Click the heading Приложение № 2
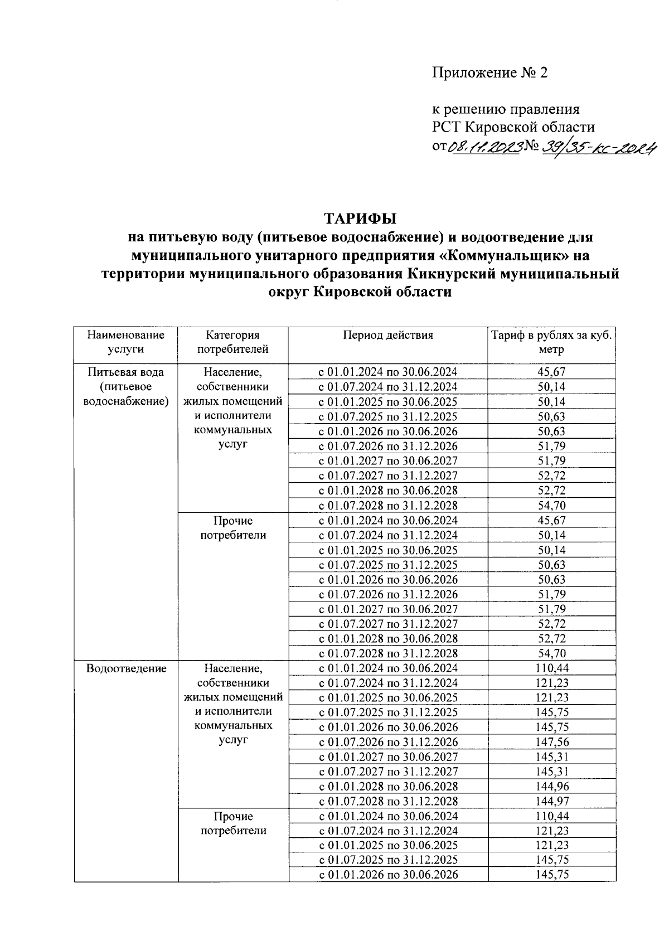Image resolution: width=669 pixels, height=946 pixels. point(490,73)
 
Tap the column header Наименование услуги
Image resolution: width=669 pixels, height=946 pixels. point(126,342)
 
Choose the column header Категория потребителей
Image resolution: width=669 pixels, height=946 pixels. point(232,342)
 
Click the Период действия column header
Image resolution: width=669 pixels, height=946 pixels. point(387,336)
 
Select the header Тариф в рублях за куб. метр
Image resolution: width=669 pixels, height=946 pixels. point(551,342)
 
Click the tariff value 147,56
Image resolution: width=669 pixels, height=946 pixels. point(552,742)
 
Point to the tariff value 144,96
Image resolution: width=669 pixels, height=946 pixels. point(552,787)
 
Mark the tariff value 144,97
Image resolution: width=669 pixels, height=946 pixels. point(552,801)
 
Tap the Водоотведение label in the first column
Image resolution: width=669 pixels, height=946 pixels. point(127,668)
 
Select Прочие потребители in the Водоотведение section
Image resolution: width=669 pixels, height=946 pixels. point(233,823)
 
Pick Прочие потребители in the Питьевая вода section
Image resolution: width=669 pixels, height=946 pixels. point(233,528)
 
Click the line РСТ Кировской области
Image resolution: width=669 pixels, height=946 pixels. point(513,127)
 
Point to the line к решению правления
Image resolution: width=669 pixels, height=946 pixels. point(506,109)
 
